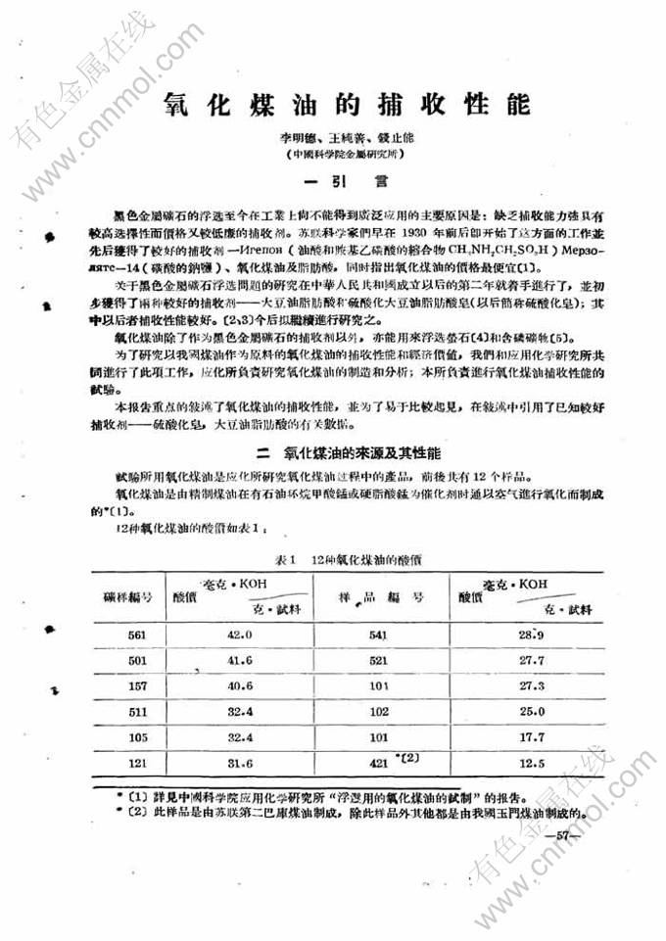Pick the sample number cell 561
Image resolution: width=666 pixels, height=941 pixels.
(137, 635)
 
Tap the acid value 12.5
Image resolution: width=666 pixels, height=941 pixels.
(532, 762)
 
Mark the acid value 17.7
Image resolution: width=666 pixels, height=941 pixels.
(532, 736)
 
